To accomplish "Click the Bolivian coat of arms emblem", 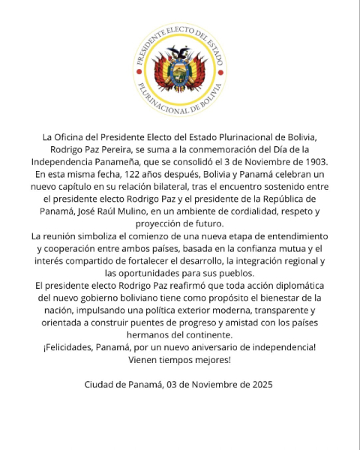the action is point(180,71).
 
